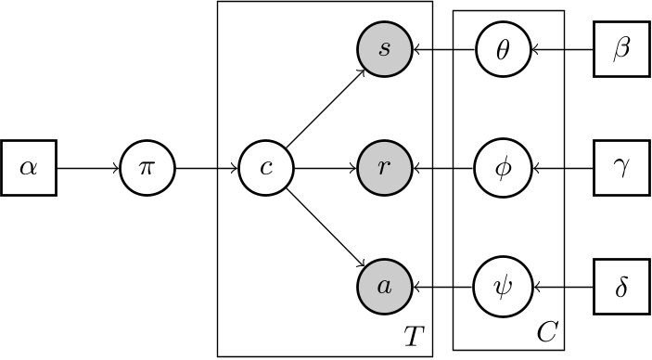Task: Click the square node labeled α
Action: pyautogui.click(x=29, y=170)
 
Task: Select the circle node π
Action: pyautogui.click(x=147, y=170)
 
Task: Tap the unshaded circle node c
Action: pyautogui.click(x=266, y=170)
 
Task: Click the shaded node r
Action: pyautogui.click(x=385, y=170)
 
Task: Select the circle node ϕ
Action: pyautogui.click(x=504, y=170)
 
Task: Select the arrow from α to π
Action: pyautogui.click(x=88, y=170)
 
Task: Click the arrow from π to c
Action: pyautogui.click(x=207, y=170)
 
